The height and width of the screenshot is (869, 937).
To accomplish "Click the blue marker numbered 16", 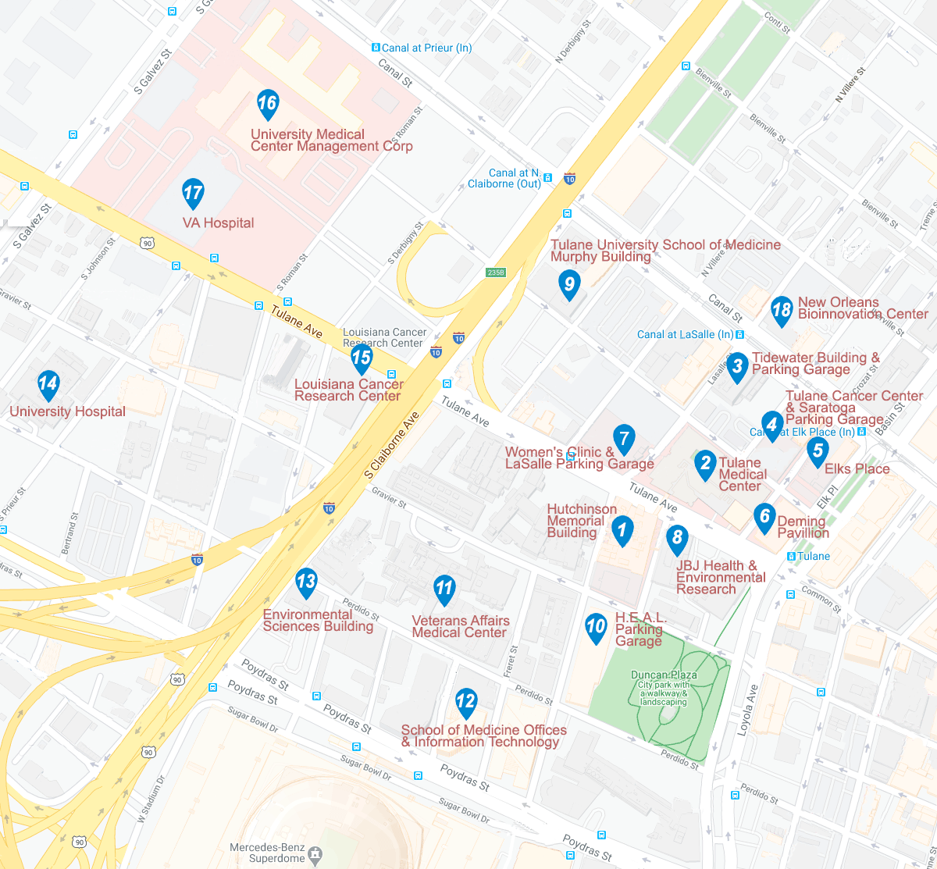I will (x=267, y=104).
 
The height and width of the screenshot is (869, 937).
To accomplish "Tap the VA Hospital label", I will (x=218, y=223).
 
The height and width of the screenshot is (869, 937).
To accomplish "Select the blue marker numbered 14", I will (x=48, y=384).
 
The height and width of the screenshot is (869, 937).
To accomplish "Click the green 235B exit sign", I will (x=496, y=272).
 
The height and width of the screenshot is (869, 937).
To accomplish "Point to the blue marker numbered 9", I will (x=569, y=284).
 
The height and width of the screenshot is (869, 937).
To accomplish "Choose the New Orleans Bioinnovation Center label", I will (x=862, y=308).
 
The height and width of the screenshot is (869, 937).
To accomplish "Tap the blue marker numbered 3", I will (x=737, y=367).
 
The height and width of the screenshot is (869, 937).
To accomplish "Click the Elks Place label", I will (x=857, y=469).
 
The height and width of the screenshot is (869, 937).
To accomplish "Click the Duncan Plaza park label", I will (x=664, y=675).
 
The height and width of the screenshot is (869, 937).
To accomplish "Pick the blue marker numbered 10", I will (x=596, y=628).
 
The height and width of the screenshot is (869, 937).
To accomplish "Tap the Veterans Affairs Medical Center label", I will (x=460, y=627).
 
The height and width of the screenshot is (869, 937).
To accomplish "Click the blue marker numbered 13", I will (x=306, y=582).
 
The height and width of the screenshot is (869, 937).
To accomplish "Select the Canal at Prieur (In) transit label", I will (x=426, y=48).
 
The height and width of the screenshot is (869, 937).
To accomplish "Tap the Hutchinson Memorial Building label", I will (x=582, y=522).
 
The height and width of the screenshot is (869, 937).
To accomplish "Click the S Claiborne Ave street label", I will (x=392, y=445).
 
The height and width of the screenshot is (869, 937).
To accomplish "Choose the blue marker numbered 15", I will (x=361, y=358).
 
